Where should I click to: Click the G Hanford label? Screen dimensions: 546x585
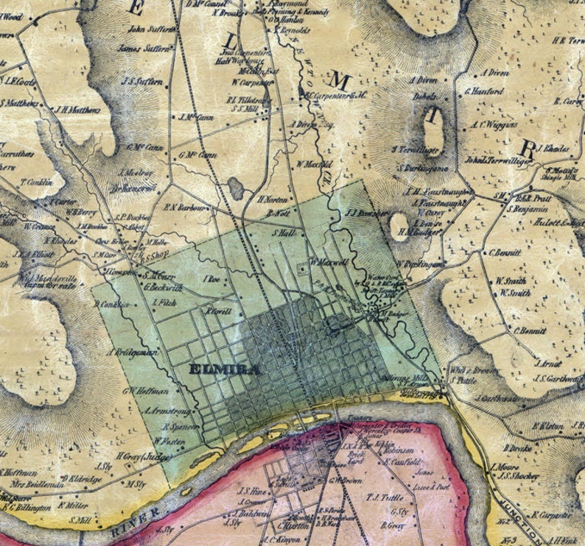click(484, 92)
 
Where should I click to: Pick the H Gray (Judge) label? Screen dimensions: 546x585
click(144, 456)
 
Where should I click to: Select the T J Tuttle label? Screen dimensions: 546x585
click(382, 497)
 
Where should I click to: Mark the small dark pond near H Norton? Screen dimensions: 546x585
click(236, 189)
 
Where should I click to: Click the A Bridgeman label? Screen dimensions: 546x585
click(133, 352)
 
